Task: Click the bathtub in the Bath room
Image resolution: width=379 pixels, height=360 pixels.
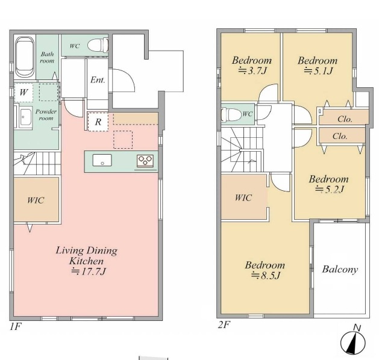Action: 25,57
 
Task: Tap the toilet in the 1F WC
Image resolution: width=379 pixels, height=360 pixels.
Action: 98,45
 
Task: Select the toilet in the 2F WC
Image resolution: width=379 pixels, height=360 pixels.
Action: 231,114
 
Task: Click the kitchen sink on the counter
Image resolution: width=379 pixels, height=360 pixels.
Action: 102,160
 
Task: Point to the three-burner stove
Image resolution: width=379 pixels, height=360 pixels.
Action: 145,161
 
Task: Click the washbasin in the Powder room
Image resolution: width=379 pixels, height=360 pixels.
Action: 25,117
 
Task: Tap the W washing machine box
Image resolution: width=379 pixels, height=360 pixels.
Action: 23,93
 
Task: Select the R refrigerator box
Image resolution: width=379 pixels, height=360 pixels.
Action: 98,122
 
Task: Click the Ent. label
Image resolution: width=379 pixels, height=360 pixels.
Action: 98,80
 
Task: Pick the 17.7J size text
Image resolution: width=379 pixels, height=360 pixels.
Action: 89,272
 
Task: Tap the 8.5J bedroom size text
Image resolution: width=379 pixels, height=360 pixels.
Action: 266,276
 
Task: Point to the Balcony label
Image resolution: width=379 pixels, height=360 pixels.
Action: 340,270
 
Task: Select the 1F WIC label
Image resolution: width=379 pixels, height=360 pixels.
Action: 36,200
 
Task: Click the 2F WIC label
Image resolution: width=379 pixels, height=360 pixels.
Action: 243,197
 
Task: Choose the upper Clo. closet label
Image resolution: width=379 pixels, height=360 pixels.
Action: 345,119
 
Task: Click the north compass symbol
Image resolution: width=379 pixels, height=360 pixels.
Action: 353,341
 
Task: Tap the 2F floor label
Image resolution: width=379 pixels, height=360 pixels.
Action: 224,324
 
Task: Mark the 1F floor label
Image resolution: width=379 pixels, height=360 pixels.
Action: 16,327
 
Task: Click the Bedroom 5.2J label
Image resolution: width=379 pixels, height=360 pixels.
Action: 329,184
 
